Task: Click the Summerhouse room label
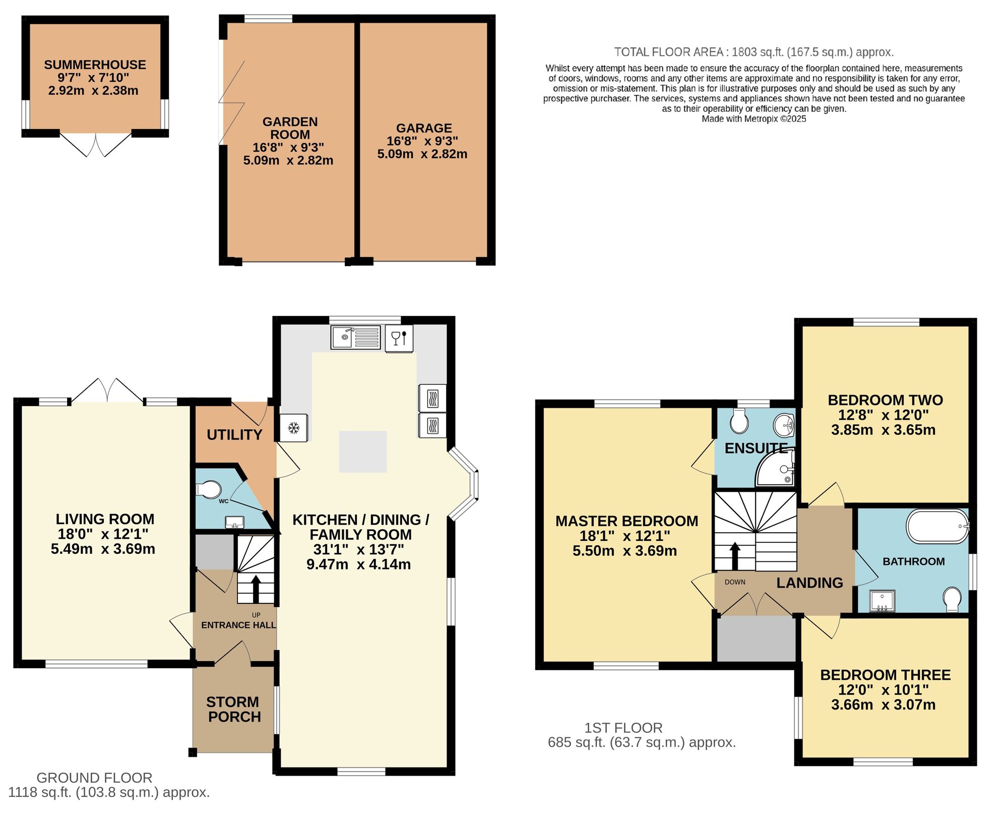pos(95,65)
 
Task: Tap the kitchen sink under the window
pos(355,337)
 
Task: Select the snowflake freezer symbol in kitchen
pos(294,428)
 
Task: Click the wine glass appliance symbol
pos(399,338)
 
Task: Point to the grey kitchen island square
pos(362,452)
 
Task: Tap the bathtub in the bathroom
pos(937,527)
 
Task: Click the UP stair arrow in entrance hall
pos(256,589)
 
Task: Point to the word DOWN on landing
pos(735,582)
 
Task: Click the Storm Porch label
pos(234,709)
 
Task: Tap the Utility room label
pos(234,434)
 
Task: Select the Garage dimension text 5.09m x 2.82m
pos(422,154)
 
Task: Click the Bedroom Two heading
pos(885,400)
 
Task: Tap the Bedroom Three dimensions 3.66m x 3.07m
pos(883,705)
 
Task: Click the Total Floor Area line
pos(753,52)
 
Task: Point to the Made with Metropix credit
pos(753,119)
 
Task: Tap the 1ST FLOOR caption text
pos(623,728)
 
